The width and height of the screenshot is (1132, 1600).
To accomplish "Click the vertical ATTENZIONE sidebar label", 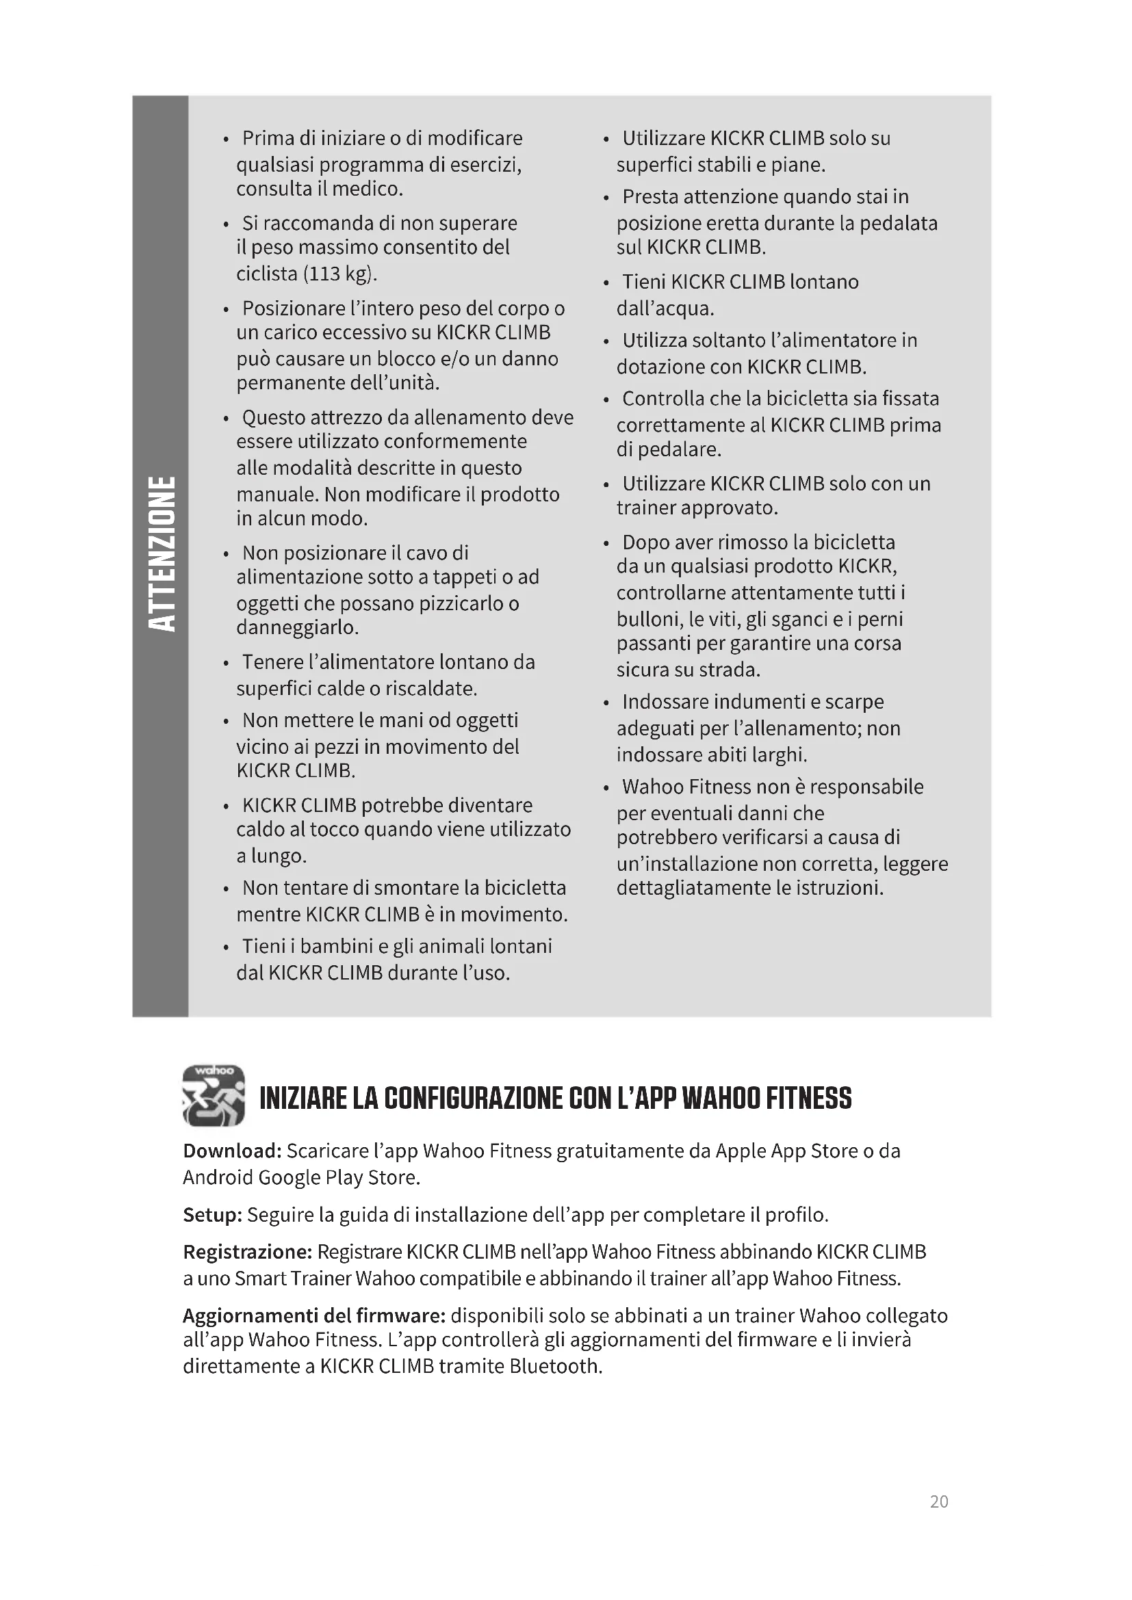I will click(161, 554).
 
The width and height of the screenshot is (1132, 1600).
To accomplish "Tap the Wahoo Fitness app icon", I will click(214, 1094).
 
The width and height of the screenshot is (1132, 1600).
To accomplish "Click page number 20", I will click(938, 1501).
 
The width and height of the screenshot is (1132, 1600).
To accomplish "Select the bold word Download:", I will click(231, 1151).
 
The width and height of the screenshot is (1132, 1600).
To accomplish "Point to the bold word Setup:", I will click(212, 1215).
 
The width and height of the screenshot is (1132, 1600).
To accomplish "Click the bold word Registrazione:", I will click(247, 1252).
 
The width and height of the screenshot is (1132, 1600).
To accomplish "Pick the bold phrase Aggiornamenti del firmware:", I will click(313, 1315).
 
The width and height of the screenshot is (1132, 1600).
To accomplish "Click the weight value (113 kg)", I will click(340, 274).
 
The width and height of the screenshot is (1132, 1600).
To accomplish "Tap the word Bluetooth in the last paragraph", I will click(555, 1366).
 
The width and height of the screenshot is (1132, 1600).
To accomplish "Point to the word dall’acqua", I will click(665, 308).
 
